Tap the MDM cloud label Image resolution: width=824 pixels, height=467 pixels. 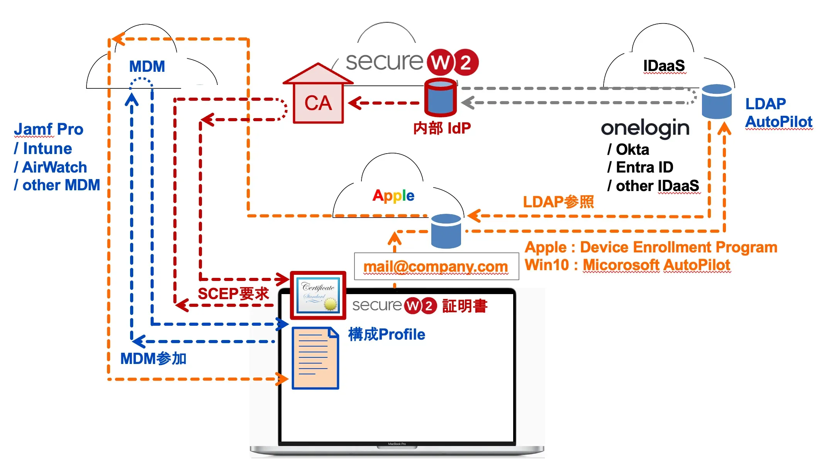147,66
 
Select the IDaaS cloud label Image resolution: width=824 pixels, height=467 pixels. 664,66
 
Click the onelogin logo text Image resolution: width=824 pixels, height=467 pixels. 645,128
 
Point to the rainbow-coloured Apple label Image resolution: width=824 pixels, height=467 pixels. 393,195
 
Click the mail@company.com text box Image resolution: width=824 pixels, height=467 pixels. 436,266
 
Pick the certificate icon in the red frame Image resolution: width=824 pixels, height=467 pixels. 318,296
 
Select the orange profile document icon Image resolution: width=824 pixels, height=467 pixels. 315,358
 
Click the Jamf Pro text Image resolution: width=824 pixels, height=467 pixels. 49,129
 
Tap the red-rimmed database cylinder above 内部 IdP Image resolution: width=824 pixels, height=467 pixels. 440,97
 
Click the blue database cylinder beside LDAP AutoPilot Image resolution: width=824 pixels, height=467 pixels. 717,102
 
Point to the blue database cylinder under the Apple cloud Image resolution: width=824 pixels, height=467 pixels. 446,231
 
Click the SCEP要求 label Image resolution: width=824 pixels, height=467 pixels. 233,294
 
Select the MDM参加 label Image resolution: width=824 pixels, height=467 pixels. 153,359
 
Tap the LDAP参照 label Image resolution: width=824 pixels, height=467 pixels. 558,202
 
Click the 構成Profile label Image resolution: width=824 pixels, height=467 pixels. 387,334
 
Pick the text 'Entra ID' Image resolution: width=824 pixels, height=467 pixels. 644,168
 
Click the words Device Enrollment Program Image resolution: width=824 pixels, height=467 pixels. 678,247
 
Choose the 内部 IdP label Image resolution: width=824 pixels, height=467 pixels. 442,128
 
